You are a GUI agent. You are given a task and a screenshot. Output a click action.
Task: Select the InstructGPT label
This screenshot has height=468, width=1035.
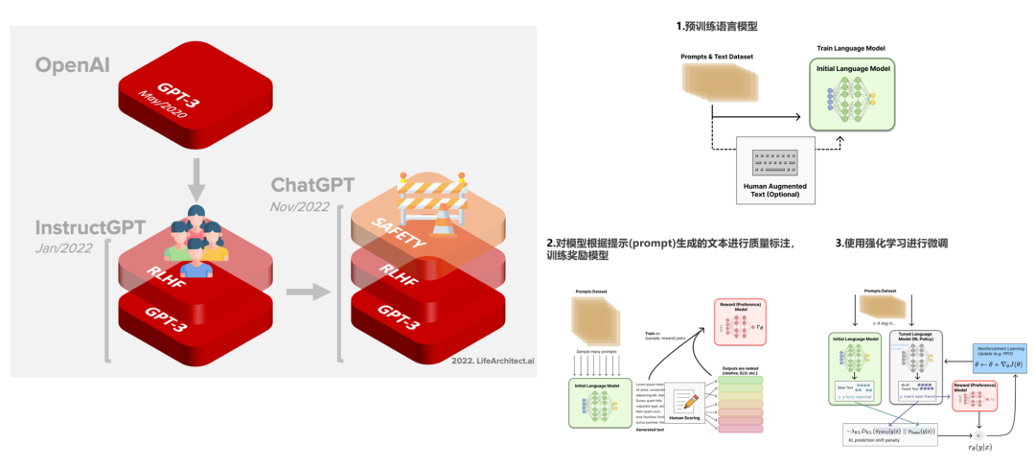[90, 227]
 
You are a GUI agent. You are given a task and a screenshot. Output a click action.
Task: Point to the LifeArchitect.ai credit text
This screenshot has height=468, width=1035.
[490, 361]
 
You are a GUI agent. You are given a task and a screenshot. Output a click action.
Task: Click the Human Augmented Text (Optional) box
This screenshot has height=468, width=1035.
[776, 169]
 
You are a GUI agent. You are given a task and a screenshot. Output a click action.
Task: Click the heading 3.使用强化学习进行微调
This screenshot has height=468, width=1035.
[891, 243]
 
